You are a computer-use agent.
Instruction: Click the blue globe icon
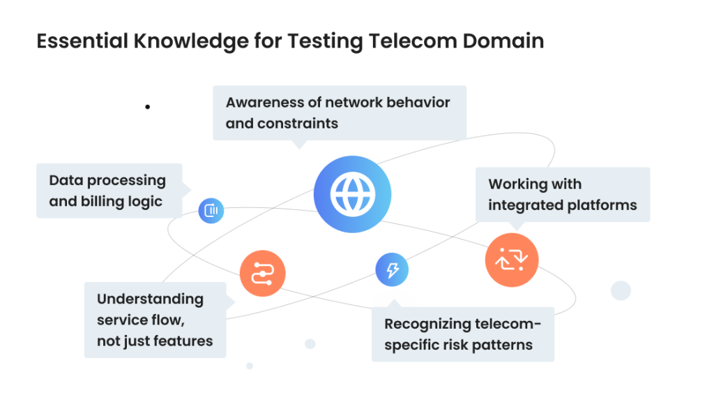coord(352,194)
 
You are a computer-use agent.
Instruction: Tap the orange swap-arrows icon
coord(512,260)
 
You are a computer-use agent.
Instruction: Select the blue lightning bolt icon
coord(392,269)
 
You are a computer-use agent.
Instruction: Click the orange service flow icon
coord(262,273)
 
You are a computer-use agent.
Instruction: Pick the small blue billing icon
coord(211,210)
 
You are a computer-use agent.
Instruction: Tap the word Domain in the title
coord(504,41)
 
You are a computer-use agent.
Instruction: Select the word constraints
coord(298,124)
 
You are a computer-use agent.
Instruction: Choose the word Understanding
coord(150,299)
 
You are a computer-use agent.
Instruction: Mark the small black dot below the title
coord(148,107)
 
